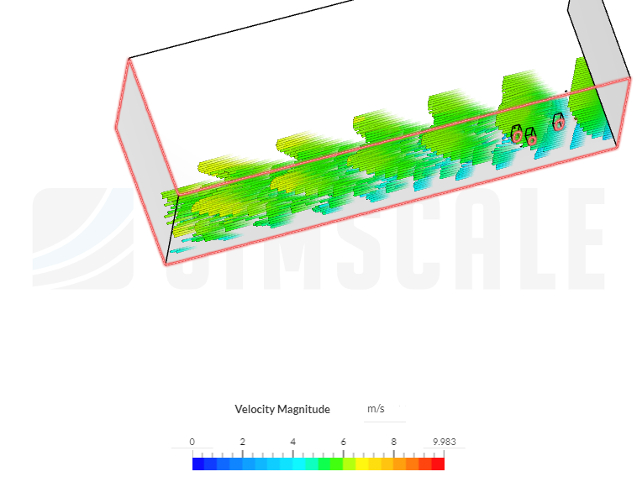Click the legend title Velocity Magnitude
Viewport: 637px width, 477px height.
(x=282, y=409)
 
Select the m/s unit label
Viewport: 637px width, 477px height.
(x=376, y=408)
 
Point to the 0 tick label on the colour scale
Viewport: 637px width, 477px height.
(x=192, y=442)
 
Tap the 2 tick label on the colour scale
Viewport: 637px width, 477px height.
(x=243, y=442)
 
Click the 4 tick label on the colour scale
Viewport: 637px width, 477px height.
(x=293, y=442)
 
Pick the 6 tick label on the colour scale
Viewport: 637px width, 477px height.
(x=343, y=442)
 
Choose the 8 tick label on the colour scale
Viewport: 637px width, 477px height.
(x=393, y=442)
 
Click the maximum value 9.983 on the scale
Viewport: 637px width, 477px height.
(x=445, y=442)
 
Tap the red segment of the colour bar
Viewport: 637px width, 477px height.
(x=438, y=464)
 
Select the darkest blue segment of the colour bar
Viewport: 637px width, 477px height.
(x=198, y=464)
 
